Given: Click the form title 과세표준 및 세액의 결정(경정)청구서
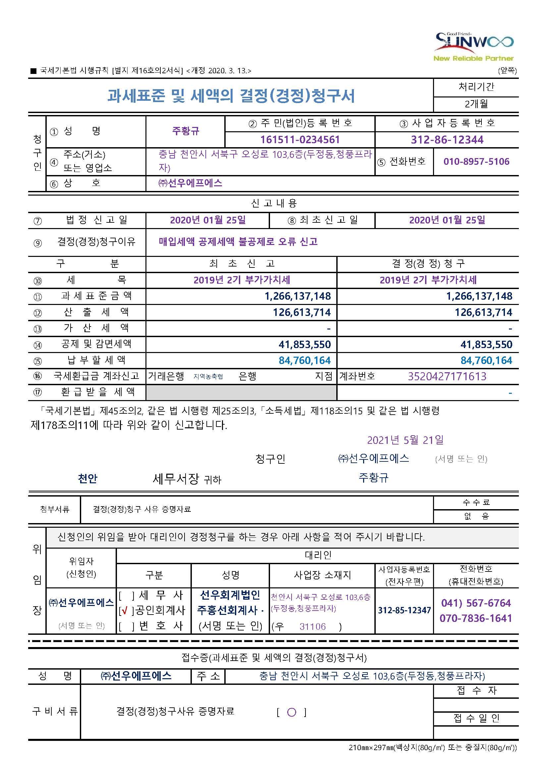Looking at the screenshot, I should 231,96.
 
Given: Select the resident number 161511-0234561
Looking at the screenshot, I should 300,140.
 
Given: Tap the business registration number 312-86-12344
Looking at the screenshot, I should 447,140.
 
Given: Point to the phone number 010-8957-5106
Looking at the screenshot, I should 476,161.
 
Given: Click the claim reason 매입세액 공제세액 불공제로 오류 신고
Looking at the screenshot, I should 238,242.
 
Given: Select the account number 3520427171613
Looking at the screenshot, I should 447,376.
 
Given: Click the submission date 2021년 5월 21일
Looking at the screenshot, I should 405,440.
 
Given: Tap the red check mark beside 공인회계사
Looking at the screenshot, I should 125,610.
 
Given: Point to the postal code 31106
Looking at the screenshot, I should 312,626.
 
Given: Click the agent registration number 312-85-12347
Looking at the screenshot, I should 404,610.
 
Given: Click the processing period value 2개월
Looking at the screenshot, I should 476,104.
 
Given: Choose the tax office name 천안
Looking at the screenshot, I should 87,478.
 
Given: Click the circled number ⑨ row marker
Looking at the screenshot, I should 37,243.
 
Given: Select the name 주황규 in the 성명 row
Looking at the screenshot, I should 186,131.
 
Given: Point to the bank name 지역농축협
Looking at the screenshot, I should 208,377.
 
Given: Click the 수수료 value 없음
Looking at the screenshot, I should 476,516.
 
